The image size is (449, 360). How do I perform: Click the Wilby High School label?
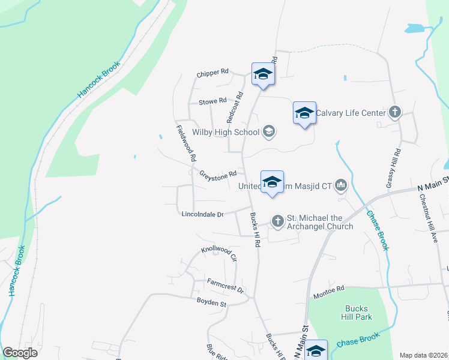(x=225, y=132)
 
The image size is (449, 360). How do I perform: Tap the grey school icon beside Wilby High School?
(x=268, y=131)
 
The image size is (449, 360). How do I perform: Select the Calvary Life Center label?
(x=351, y=112)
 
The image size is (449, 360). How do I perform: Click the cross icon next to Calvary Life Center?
(x=395, y=112)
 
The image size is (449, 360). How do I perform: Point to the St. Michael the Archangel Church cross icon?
(x=277, y=221)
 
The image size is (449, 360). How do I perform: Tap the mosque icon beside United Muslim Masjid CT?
(x=342, y=185)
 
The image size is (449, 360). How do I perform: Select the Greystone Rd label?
(x=218, y=173)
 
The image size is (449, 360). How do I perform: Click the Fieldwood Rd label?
(x=187, y=144)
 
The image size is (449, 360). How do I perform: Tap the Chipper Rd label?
(x=212, y=73)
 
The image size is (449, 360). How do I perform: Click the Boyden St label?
(x=209, y=304)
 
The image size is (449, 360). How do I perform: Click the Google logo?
(x=20, y=353)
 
